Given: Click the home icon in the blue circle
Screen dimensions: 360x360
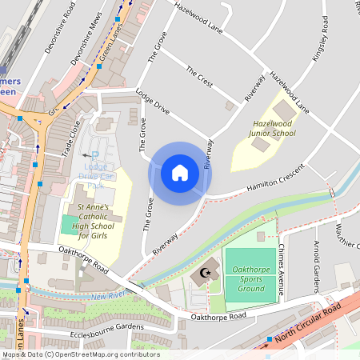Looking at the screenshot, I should click(x=180, y=172).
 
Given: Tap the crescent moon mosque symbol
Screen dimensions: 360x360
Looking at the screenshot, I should click(x=206, y=274).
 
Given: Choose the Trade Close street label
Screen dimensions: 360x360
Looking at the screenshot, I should click(x=72, y=138).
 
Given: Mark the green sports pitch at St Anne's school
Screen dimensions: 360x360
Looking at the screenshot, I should click(x=70, y=225).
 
